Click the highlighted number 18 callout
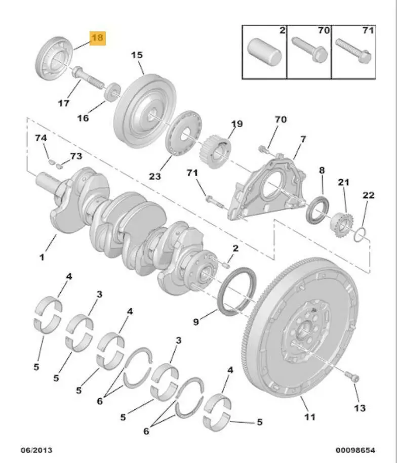98,38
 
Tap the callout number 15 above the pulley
137,55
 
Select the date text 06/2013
36,450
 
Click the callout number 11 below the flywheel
309,417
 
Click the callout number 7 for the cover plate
303,138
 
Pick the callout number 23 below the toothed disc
154,176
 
